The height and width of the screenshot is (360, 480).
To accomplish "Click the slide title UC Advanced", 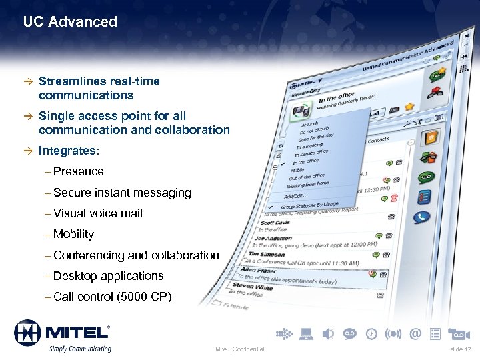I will [x=70, y=22].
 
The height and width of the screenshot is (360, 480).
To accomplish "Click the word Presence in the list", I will [x=79, y=171].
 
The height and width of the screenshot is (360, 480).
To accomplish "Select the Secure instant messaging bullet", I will [x=122, y=193].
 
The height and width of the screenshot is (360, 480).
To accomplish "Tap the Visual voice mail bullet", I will [x=98, y=213].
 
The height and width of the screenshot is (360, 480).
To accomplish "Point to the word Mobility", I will [x=73, y=234].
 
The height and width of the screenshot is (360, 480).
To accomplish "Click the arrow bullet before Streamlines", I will [x=27, y=81].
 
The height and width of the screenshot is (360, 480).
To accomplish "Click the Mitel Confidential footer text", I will [x=240, y=349].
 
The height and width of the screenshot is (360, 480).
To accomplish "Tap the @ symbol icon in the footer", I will [x=416, y=333].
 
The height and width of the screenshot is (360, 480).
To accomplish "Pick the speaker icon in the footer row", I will [x=328, y=333].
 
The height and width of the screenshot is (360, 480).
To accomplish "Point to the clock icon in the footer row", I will [x=372, y=333].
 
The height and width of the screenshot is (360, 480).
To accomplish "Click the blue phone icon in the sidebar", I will [x=423, y=217].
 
